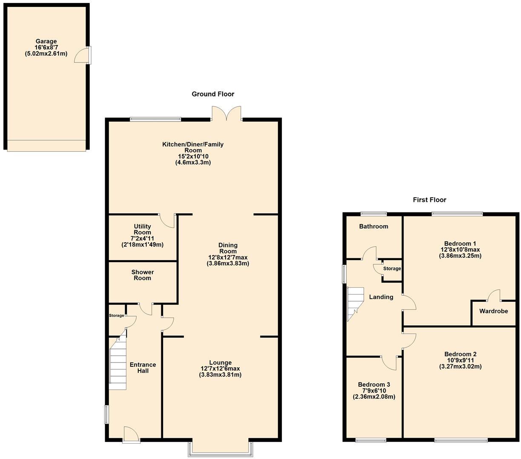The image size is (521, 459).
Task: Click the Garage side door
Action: pyautogui.click(x=82, y=56)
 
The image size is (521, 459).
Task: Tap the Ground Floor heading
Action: pyautogui.click(x=213, y=94)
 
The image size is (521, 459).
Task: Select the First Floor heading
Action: pyautogui.click(x=429, y=200)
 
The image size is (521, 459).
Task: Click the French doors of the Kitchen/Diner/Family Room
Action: pyautogui.click(x=226, y=113)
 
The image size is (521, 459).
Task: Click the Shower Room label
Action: pyautogui.click(x=143, y=275)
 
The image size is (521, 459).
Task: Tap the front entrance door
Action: pyautogui.click(x=131, y=435)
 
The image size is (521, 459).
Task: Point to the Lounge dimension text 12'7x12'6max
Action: pyautogui.click(x=220, y=368)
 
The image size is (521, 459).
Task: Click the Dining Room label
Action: pyautogui.click(x=228, y=248)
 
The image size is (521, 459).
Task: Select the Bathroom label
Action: pyautogui.click(x=373, y=227)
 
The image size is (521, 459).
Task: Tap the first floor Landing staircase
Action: pyautogui.click(x=355, y=303)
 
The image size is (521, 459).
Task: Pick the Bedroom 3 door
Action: pyautogui.click(x=389, y=362)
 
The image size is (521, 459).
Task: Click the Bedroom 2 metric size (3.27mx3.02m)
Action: pyautogui.click(x=460, y=366)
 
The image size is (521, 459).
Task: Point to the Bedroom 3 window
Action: pyautogui.click(x=371, y=440)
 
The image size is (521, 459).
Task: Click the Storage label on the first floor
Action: pyautogui.click(x=392, y=269)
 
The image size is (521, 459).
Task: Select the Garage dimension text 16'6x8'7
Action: pyautogui.click(x=46, y=48)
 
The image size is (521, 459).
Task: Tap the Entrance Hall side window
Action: pyautogui.click(x=107, y=414)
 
